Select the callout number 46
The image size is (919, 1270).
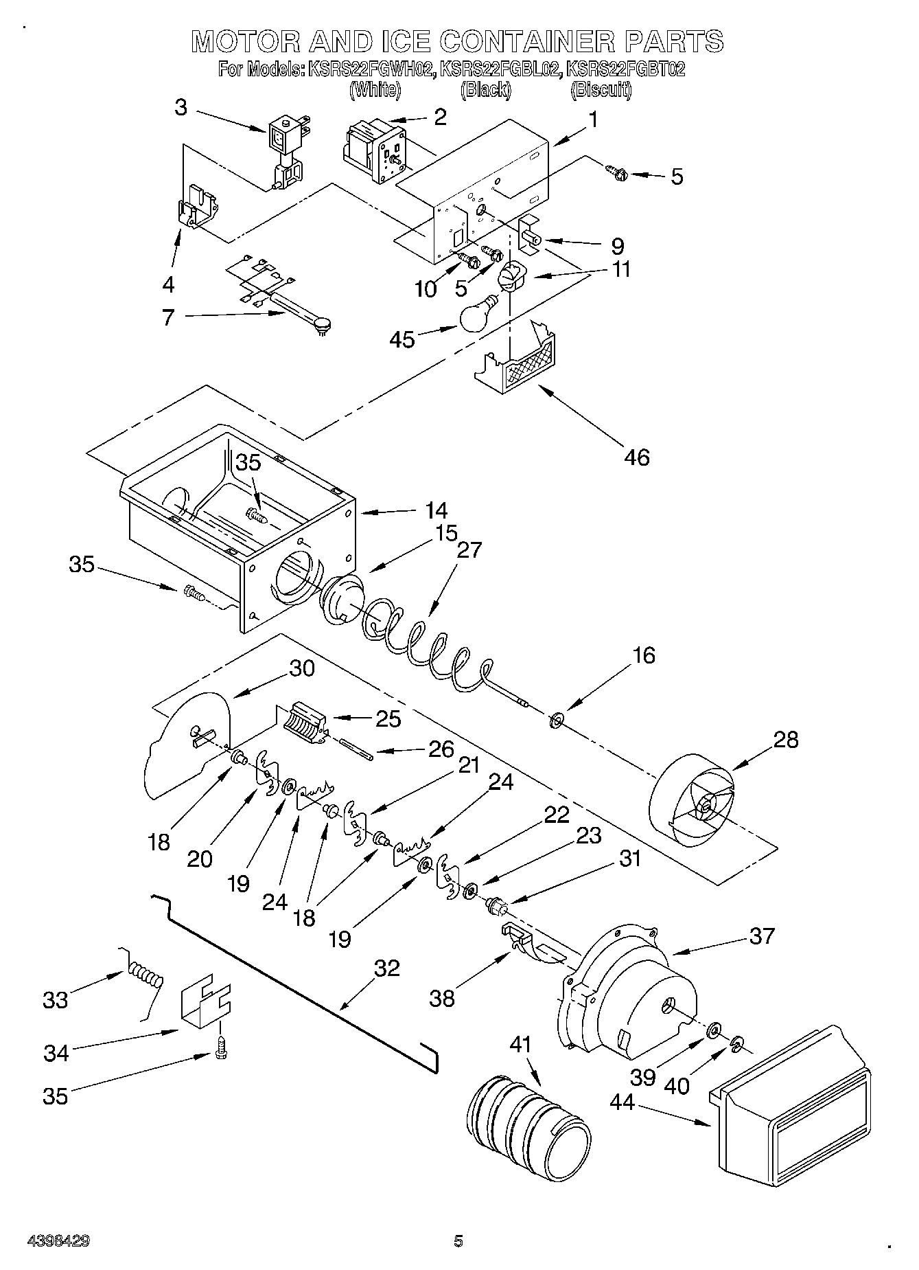pyautogui.click(x=636, y=457)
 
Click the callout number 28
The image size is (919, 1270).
pyautogui.click(x=786, y=740)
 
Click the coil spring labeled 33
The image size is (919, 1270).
pyautogui.click(x=145, y=976)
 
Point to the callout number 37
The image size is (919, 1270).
pyautogui.click(x=762, y=936)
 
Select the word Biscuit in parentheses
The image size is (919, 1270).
pyautogui.click(x=601, y=89)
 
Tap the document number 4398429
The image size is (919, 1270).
pyautogui.click(x=58, y=1241)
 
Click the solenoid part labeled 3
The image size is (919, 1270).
pyautogui.click(x=285, y=151)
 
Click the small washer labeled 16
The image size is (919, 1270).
pyautogui.click(x=556, y=721)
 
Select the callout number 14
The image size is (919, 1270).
pyautogui.click(x=436, y=510)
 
